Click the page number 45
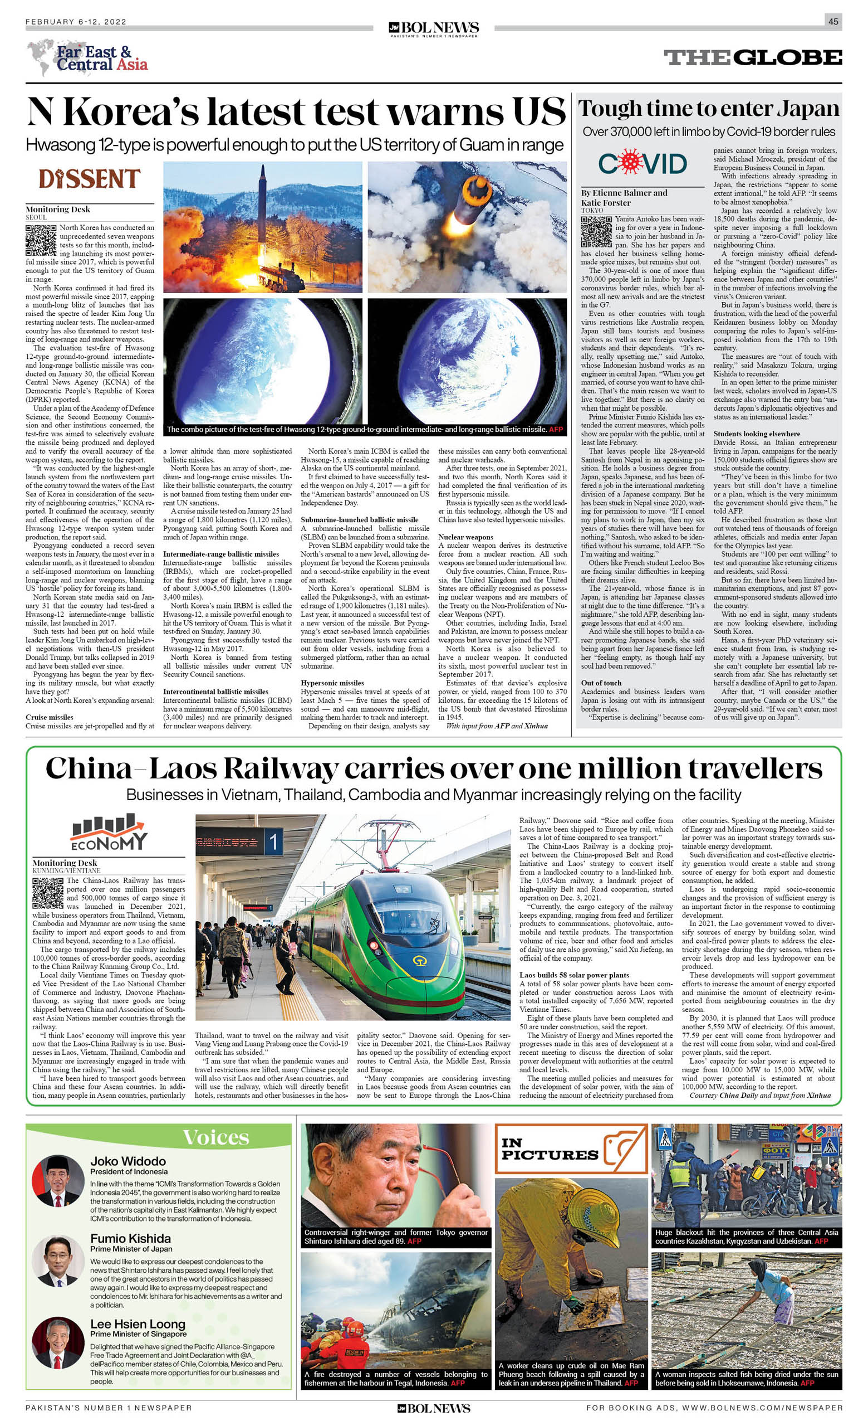(x=833, y=22)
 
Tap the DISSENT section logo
(x=90, y=179)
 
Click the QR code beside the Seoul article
(x=41, y=240)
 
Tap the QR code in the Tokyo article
(x=596, y=231)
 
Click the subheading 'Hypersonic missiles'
(x=332, y=683)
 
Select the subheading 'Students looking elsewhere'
(x=757, y=434)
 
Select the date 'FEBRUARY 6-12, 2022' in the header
(x=76, y=22)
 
